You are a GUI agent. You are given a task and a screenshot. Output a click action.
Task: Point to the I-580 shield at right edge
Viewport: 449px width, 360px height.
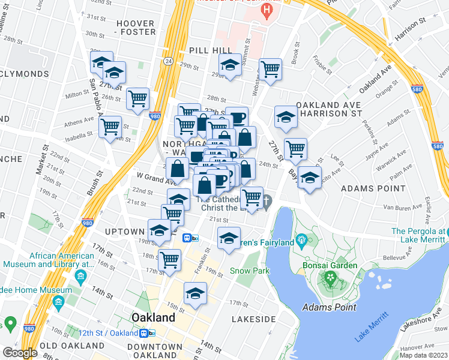[x=437, y=145]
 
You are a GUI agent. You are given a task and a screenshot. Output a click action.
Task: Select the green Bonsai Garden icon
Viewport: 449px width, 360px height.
[x=329, y=277]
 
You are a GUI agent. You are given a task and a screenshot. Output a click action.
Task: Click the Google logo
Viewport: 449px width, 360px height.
[x=20, y=353]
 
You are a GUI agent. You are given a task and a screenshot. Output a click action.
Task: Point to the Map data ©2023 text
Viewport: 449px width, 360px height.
[x=423, y=355]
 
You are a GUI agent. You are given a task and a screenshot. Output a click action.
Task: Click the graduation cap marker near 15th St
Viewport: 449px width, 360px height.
[x=195, y=292]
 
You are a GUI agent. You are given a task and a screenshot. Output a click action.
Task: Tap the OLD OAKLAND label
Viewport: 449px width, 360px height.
[x=72, y=346]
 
